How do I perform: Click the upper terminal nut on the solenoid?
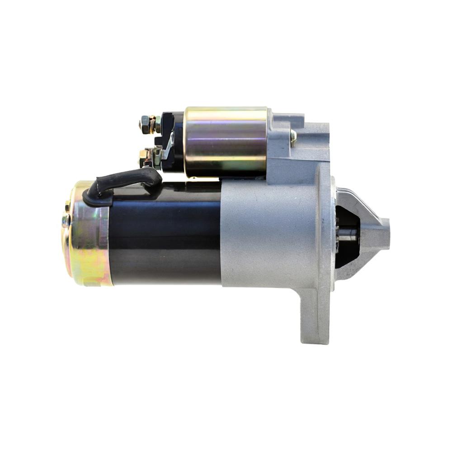146,124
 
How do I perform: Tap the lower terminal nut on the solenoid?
145,156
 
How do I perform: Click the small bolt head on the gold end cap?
66,220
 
